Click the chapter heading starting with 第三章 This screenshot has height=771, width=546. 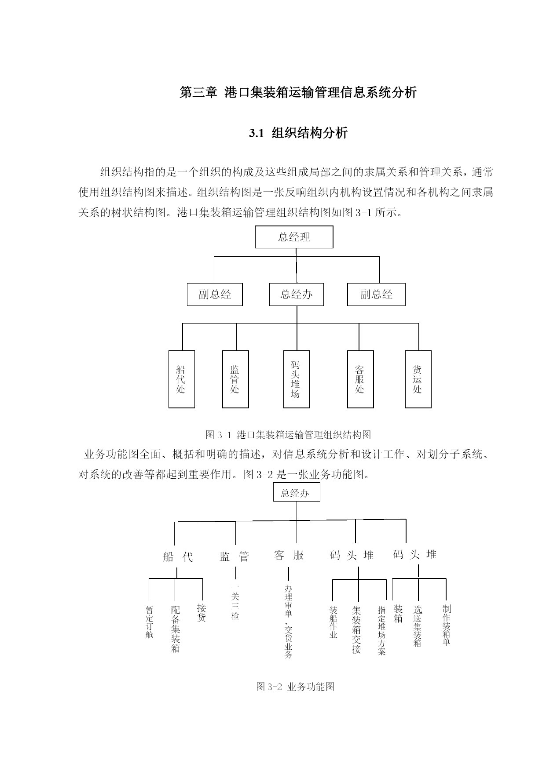298,92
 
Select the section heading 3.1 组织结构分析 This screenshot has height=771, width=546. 298,133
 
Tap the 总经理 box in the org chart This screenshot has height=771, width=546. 294,237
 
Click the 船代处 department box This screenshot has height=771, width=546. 182,379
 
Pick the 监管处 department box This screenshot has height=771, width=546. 235,379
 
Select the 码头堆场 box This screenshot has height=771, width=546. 297,379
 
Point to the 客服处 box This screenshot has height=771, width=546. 360,379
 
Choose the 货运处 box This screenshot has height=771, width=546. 418,379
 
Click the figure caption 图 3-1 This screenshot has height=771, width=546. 288,435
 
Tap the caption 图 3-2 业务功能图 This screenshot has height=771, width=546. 295,687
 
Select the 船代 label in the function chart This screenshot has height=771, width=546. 178,557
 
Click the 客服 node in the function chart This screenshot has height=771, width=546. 289,555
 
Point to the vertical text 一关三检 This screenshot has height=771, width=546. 235,602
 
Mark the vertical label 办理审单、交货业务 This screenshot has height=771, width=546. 289,621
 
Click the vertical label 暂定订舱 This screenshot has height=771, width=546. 150,622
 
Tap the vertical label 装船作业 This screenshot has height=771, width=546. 333,622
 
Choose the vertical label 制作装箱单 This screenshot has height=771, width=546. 447,625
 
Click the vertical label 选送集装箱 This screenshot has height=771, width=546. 418,626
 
